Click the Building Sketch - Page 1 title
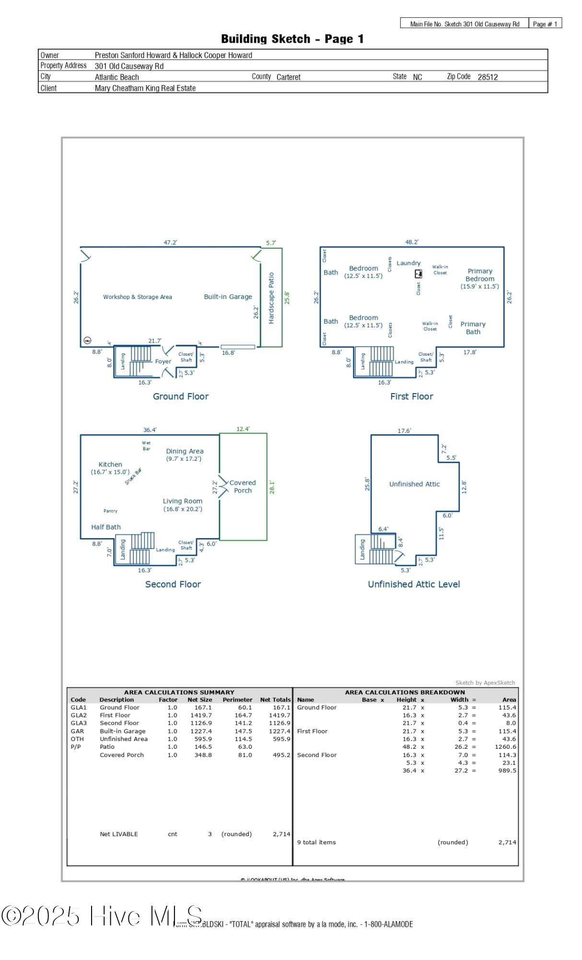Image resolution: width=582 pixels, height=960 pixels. point(292,39)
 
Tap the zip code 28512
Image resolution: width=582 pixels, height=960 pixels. point(488,77)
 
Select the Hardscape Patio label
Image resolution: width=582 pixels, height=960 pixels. point(271,298)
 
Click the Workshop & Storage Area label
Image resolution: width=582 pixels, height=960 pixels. point(137,297)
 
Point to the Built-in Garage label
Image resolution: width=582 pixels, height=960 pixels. point(228,297)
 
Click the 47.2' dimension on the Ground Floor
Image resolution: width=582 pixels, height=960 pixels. point(170,242)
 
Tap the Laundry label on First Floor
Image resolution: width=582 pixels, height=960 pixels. point(408,263)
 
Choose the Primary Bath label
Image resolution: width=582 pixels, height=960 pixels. point(473,328)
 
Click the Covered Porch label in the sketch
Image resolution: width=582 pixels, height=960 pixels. point(243,486)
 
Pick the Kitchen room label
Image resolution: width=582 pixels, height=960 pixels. point(110,464)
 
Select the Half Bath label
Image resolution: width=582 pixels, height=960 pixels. point(106,527)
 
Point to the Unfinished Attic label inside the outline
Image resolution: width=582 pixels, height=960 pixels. point(414,484)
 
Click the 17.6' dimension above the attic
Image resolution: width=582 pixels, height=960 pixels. point(404,431)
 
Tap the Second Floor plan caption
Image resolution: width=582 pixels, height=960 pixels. point(173,584)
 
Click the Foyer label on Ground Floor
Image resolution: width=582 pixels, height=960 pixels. point(163,361)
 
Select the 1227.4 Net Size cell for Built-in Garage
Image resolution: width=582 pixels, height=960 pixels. point(200,731)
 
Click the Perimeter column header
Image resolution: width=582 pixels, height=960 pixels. point(237,699)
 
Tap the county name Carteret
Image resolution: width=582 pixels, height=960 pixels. point(289,77)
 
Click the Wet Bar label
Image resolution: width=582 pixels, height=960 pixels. point(146,445)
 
